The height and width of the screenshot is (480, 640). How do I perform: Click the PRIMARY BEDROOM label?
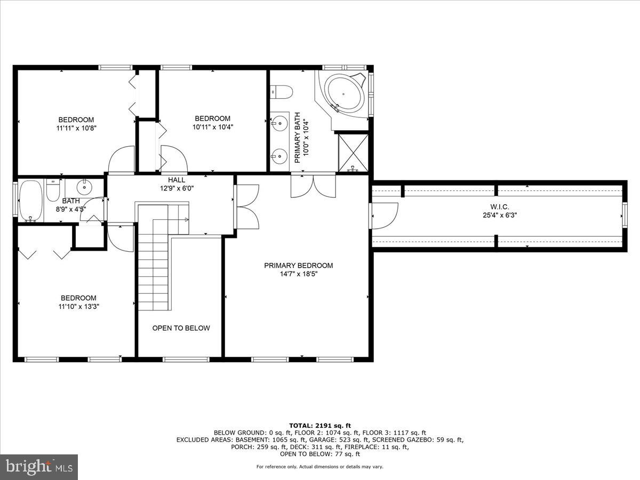click(x=298, y=266)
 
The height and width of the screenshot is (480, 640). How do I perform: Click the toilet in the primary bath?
click(x=281, y=92)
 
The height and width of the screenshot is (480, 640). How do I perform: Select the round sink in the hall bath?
click(x=84, y=188)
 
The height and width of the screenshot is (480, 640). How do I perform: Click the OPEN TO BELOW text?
click(x=181, y=328)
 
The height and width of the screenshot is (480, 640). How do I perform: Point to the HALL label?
click(x=177, y=180)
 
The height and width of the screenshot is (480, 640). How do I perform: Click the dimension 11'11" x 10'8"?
click(x=76, y=128)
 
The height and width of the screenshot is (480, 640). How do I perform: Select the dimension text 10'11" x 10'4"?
click(x=213, y=127)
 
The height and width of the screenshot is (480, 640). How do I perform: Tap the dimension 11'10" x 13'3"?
click(x=78, y=307)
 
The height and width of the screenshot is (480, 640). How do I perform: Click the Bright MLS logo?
click(x=39, y=467)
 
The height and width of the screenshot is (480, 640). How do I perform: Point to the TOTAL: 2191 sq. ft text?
click(x=320, y=425)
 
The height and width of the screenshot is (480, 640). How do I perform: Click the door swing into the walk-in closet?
click(x=384, y=215)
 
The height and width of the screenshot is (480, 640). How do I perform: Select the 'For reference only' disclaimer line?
click(x=320, y=467)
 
